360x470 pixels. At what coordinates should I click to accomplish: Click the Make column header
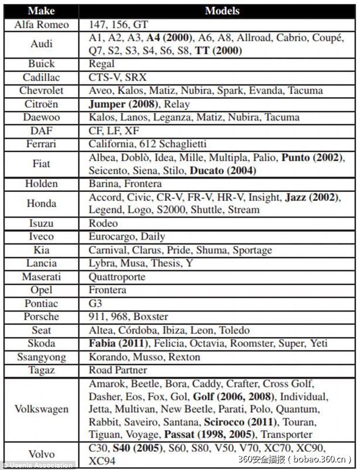[45, 11]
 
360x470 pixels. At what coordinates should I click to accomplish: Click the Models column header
[222, 11]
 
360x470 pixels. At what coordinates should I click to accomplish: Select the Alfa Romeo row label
[45, 25]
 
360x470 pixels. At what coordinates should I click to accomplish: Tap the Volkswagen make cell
[45, 409]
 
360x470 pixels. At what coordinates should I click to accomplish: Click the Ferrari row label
[45, 143]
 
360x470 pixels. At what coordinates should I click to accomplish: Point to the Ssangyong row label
[45, 357]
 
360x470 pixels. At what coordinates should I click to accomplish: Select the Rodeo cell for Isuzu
[103, 223]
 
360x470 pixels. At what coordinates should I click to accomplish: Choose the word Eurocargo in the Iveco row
[111, 236]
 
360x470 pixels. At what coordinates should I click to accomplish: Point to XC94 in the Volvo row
[102, 461]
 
